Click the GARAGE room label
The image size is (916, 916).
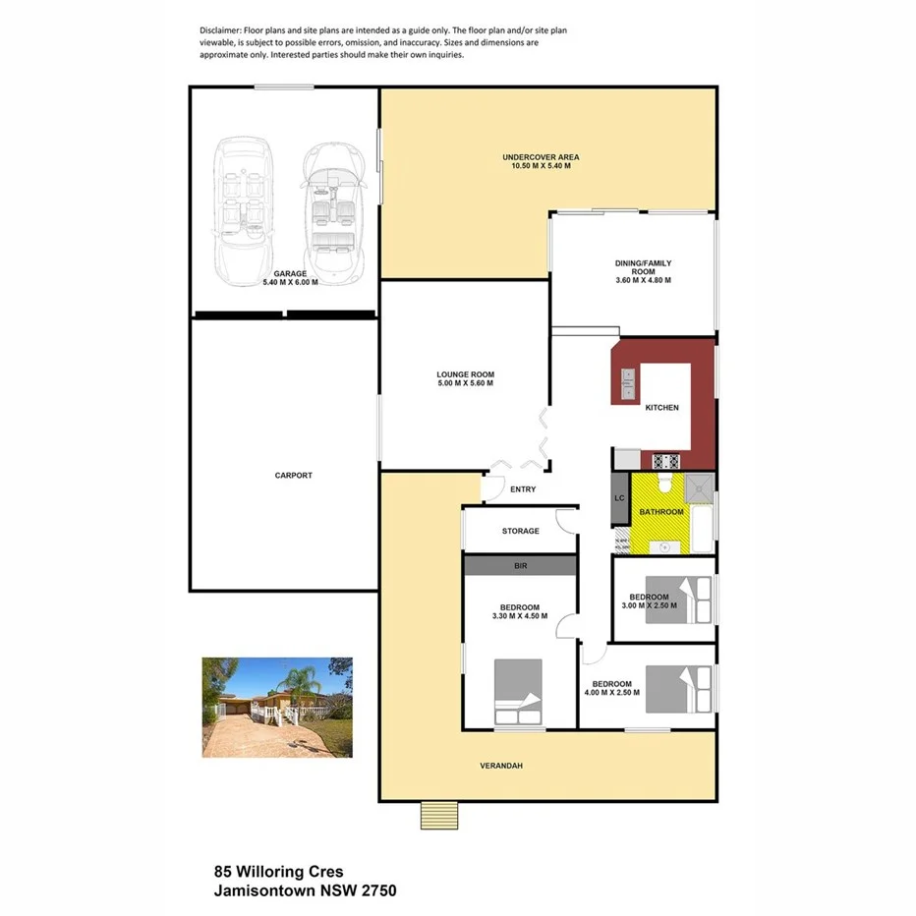tap(291, 274)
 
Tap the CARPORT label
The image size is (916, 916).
tap(293, 476)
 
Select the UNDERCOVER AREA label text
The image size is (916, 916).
tap(540, 157)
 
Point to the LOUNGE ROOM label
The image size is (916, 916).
tap(465, 374)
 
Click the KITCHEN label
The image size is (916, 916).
tap(661, 408)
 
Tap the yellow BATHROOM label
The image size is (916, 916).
tap(660, 512)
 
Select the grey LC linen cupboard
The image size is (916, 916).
tap(619, 499)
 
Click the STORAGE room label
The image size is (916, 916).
tap(520, 532)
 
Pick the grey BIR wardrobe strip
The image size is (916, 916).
tap(520, 566)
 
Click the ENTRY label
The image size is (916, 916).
tap(523, 489)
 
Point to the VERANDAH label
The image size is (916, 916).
tap(499, 766)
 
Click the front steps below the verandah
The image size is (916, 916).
tap(439, 815)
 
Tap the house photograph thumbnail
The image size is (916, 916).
tap(276, 708)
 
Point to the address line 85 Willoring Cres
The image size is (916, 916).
tap(278, 871)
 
